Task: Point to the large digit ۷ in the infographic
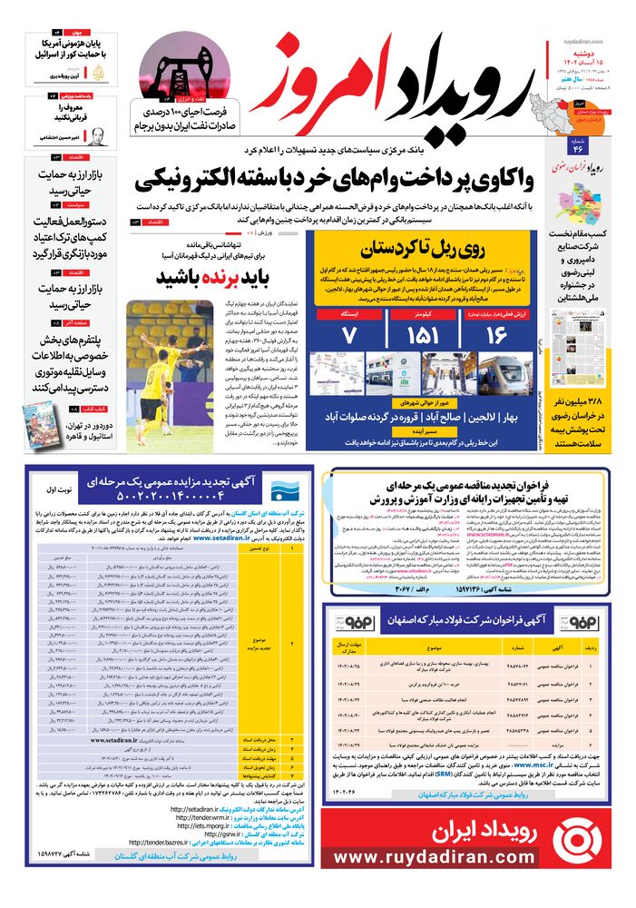click(347, 337)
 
